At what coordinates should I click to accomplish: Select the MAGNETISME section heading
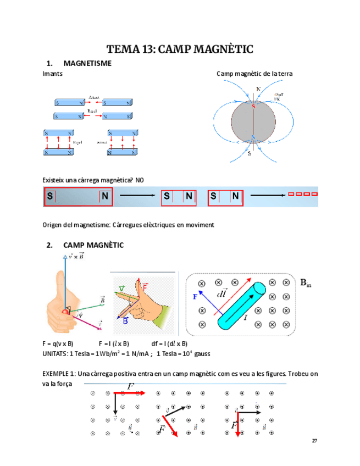87,63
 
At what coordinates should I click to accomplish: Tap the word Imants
52,73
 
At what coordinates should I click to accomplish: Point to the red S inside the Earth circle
253,107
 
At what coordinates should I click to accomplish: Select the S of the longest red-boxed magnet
51,196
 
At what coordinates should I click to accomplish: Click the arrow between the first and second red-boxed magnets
137,196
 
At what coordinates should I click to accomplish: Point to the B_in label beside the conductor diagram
306,282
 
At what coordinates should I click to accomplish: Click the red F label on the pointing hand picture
145,287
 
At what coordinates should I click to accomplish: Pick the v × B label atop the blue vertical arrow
73,256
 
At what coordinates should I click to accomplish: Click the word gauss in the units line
202,353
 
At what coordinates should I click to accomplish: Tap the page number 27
314,441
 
